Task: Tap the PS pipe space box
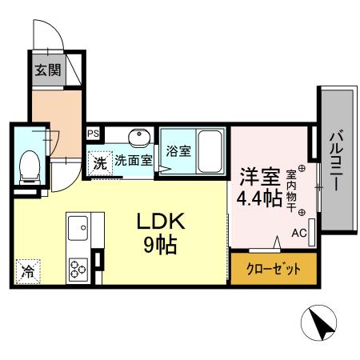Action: tap(94, 134)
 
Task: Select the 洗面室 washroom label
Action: tap(132, 160)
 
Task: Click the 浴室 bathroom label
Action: tap(178, 149)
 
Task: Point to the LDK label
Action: tap(165, 222)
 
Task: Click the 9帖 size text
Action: tap(161, 245)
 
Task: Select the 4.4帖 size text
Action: tap(258, 198)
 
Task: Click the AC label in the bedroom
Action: tap(298, 234)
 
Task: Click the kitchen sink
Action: tap(79, 230)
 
